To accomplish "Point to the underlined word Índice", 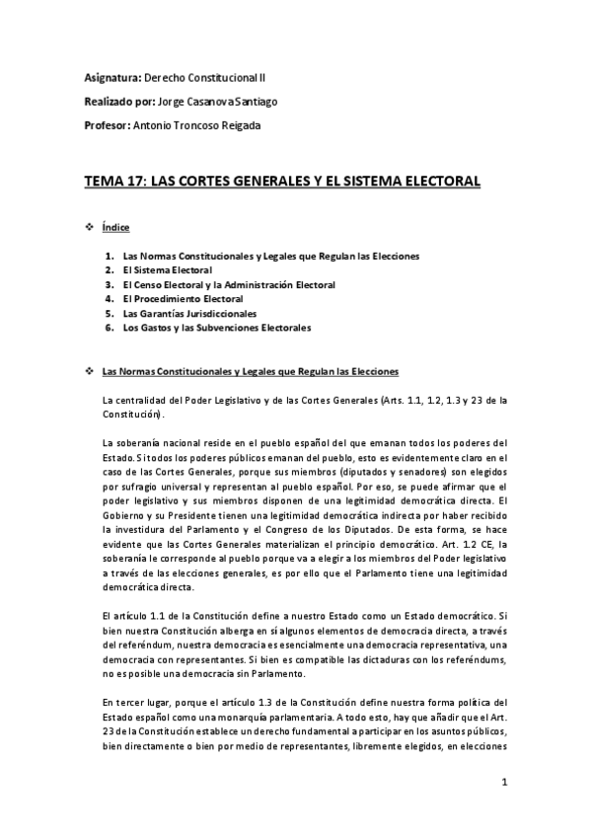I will point(116,228).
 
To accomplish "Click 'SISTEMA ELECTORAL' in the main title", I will point(408,182).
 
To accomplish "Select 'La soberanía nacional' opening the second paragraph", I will point(151,442).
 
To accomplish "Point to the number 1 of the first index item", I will point(110,256).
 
